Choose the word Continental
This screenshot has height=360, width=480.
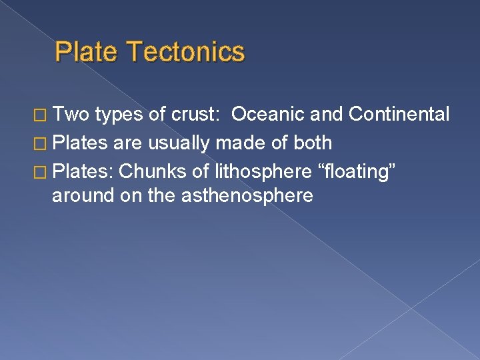(x=399, y=114)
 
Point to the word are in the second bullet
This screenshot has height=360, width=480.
(x=132, y=143)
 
